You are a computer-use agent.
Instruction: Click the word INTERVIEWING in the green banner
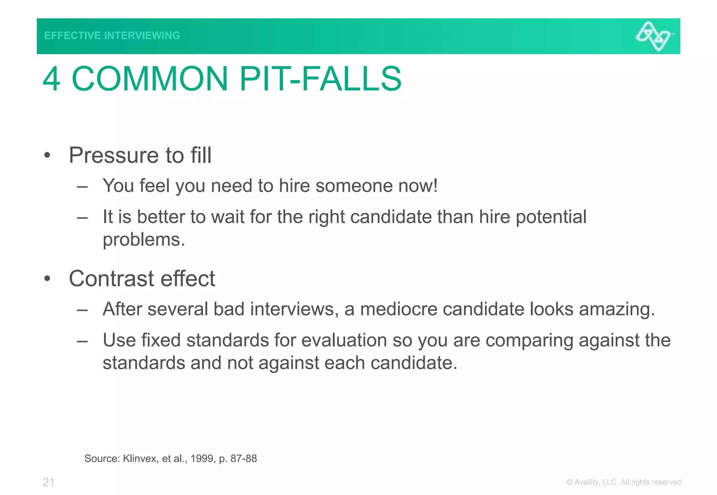(x=142, y=35)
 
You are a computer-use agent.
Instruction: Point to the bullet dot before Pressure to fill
(x=47, y=155)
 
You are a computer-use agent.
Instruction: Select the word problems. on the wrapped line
(x=144, y=240)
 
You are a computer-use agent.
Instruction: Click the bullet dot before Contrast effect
(x=47, y=279)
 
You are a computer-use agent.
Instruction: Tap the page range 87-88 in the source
(x=244, y=459)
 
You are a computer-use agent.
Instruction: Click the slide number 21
(x=49, y=482)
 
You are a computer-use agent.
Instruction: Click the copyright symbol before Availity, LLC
(x=569, y=482)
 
